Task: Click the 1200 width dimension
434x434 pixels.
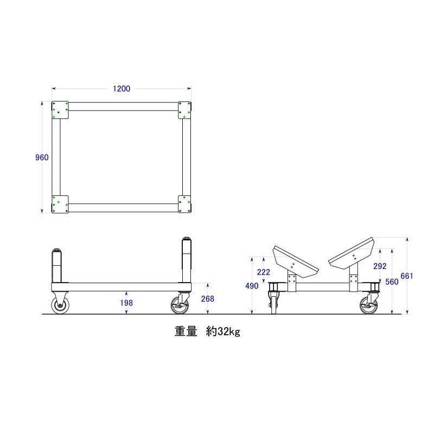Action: point(121,88)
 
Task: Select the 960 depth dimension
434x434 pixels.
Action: point(42,157)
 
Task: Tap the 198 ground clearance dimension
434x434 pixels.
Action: point(126,303)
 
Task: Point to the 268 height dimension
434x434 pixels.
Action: point(208,299)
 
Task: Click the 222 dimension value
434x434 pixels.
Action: point(264,272)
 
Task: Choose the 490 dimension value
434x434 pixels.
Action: point(252,286)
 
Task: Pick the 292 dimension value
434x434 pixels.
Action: point(380,266)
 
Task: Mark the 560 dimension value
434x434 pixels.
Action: point(392,282)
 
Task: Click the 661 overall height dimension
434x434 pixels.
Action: point(407,276)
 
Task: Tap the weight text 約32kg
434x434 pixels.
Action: point(223,331)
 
